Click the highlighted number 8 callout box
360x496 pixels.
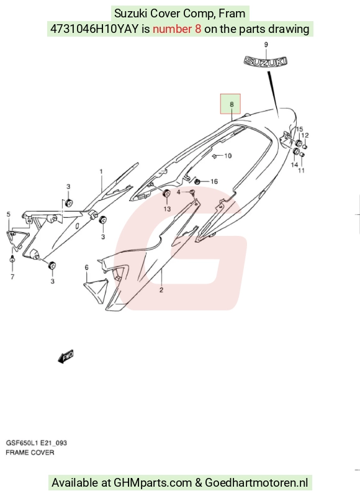pyautogui.click(x=230, y=104)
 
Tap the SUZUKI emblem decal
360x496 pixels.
pyautogui.click(x=266, y=61)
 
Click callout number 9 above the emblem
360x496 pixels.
pyautogui.click(x=266, y=45)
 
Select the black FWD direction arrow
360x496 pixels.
pyautogui.click(x=66, y=356)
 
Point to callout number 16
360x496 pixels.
pyautogui.click(x=214, y=181)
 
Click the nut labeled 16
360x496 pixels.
pyautogui.click(x=197, y=181)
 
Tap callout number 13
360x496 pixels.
pyautogui.click(x=167, y=209)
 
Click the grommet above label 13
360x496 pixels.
pyautogui.click(x=166, y=193)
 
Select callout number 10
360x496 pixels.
pyautogui.click(x=228, y=156)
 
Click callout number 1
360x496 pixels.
pyautogui.click(x=101, y=171)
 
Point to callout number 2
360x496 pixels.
pyautogui.click(x=161, y=290)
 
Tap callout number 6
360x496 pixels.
pyautogui.click(x=87, y=268)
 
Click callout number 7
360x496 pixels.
pyautogui.click(x=12, y=277)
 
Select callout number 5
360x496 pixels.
pyautogui.click(x=8, y=214)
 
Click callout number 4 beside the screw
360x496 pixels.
pyautogui.click(x=178, y=192)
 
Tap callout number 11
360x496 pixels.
pyautogui.click(x=302, y=170)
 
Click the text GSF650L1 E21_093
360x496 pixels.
pyautogui.click(x=37, y=443)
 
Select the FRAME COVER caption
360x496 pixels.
pyautogui.click(x=30, y=453)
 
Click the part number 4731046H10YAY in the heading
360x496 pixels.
pyautogui.click(x=94, y=29)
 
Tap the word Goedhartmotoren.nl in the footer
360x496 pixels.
pyautogui.click(x=256, y=483)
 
